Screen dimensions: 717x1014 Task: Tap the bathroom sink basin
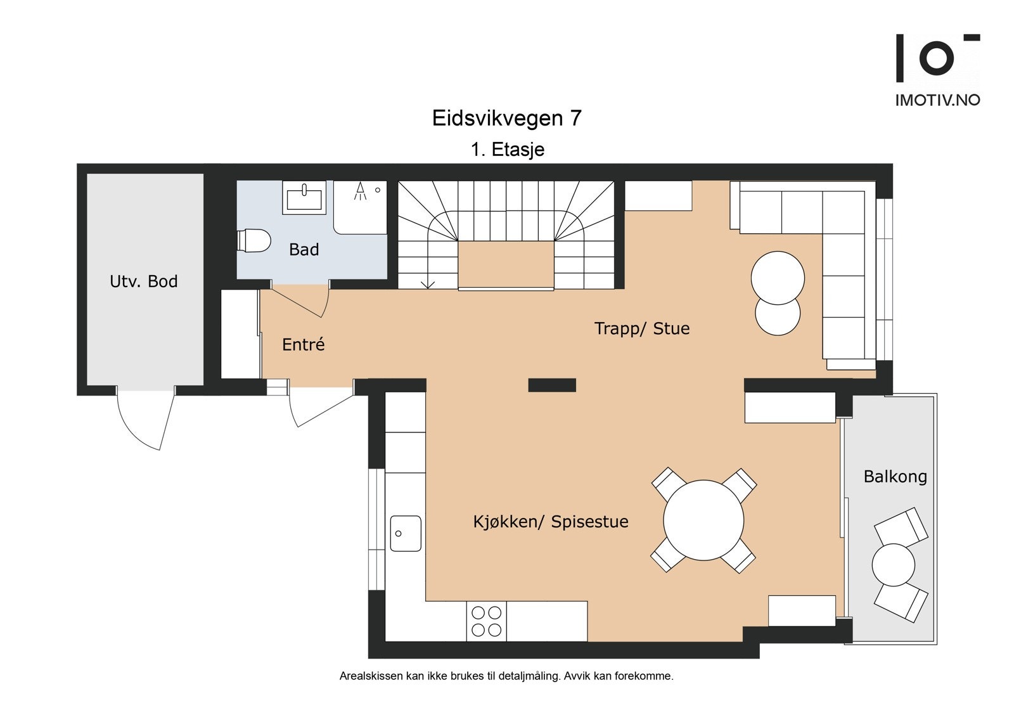point(305,198)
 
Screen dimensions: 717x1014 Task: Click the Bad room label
point(304,250)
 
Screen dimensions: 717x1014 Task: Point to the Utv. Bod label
point(143,281)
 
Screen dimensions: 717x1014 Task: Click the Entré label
point(303,345)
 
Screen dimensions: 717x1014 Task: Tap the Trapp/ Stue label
point(641,328)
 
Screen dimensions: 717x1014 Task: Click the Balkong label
point(895,477)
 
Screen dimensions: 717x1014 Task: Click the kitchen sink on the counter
point(406,533)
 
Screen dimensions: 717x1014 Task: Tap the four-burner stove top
point(486,621)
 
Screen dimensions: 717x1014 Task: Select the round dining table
point(703,520)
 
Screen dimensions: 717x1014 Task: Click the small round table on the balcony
point(893,564)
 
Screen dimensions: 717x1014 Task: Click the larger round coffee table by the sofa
point(778,278)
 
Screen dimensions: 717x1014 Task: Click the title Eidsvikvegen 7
point(506,119)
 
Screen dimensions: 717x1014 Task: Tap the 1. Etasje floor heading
point(507,150)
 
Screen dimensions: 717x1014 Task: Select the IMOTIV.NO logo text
point(937,100)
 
